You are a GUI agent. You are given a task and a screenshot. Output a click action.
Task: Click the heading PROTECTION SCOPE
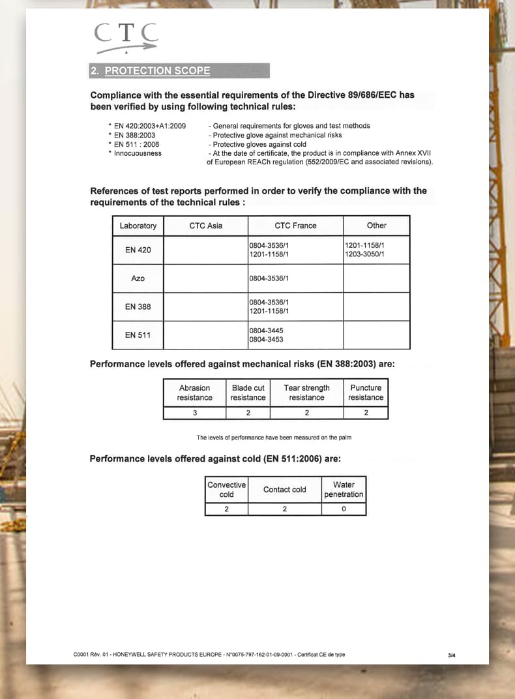coord(157,70)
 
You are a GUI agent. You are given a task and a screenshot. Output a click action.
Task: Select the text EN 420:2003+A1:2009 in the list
coord(150,126)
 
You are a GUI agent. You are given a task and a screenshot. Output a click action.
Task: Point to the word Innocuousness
coord(138,153)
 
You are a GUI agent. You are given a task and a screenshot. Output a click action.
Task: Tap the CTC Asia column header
coord(205,226)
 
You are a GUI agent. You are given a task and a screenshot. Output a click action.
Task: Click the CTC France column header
coord(295,226)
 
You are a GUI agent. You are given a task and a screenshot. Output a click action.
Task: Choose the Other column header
coord(376,226)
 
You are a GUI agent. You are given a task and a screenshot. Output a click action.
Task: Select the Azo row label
coord(138,278)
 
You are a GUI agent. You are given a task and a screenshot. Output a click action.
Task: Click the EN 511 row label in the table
coord(138,335)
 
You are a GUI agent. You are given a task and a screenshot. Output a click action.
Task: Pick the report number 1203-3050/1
coord(364,254)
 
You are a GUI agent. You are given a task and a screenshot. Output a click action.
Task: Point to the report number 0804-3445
coord(266,331)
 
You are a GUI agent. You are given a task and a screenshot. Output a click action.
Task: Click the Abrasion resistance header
coord(194,393)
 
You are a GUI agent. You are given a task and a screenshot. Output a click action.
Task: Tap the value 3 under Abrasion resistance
coord(194,413)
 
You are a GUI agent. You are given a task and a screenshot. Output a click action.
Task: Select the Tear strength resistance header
coord(306,393)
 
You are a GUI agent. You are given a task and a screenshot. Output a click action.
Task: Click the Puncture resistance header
coord(366,393)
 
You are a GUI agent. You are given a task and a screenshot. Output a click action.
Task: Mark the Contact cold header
coord(284,490)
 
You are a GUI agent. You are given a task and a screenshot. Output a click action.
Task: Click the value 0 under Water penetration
coord(344,509)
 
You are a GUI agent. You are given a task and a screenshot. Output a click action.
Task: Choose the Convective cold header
coord(226,490)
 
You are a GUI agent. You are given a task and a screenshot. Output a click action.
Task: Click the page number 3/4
coord(452,655)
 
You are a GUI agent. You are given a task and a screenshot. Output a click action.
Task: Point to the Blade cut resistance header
coord(248,393)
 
